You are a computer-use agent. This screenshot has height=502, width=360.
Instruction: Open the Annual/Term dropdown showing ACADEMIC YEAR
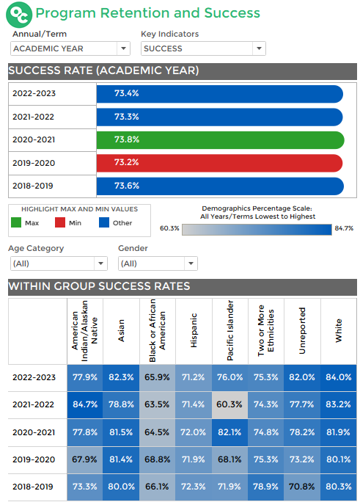tap(70, 48)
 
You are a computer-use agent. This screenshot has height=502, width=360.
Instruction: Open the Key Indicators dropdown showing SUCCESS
tap(203, 48)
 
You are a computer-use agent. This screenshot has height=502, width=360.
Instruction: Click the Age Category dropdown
tap(58, 263)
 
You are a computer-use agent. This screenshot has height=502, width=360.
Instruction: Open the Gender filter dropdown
tap(158, 263)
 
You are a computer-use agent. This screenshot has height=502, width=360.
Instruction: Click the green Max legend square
tap(16, 222)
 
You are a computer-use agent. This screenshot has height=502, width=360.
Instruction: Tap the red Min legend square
tap(59, 222)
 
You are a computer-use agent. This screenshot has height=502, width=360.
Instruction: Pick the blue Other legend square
tap(103, 222)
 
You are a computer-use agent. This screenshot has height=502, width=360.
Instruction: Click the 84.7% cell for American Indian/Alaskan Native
tap(85, 404)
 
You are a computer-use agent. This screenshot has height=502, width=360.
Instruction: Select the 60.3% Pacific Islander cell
tap(230, 404)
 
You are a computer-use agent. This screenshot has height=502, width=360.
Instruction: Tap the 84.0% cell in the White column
tap(339, 377)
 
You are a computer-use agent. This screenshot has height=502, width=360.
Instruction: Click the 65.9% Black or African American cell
tap(158, 377)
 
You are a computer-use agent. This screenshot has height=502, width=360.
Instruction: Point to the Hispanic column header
tap(194, 332)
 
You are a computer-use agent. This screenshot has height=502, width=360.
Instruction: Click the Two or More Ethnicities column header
tap(266, 330)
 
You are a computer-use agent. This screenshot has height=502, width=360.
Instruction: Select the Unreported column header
tap(302, 332)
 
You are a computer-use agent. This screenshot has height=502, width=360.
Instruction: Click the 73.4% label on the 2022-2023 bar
tap(127, 94)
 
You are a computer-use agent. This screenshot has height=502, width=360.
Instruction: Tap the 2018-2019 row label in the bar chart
tap(34, 186)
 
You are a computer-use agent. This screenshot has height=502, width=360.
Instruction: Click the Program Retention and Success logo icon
tap(22, 13)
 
